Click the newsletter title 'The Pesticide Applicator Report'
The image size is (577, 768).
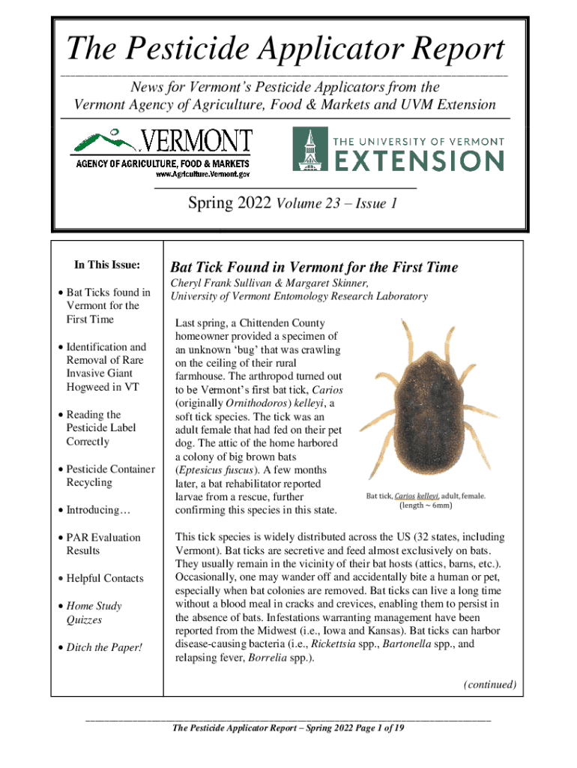(285, 49)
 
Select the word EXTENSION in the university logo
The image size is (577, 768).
(417, 160)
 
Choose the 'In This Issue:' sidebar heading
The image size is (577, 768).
(106, 265)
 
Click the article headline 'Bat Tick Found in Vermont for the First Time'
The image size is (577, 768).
(314, 267)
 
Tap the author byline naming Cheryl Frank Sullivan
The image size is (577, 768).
(271, 283)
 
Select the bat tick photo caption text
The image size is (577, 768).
(425, 500)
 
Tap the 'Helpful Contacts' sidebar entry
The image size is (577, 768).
(104, 578)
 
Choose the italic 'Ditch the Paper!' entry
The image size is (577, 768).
(104, 647)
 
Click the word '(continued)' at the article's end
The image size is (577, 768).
(489, 684)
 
